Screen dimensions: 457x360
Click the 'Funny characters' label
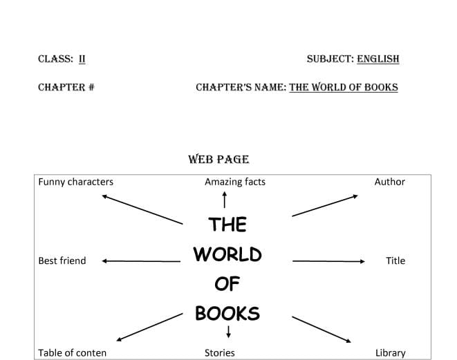[x=76, y=182]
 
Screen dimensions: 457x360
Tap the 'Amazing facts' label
[x=235, y=182]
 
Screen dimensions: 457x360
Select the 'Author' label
[x=390, y=182]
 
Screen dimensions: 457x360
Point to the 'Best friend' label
[x=62, y=260]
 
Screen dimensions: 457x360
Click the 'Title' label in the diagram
[x=395, y=260]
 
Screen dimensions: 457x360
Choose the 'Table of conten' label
[x=73, y=352]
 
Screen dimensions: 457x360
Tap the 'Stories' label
[x=219, y=352]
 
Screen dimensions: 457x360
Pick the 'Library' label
[x=390, y=353]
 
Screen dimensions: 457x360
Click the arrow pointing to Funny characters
[x=142, y=209]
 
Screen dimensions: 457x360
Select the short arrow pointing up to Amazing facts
[x=225, y=200]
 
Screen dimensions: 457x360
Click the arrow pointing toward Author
[x=325, y=206]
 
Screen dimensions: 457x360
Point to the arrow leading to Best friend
[x=141, y=261]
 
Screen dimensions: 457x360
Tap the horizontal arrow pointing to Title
[x=329, y=261]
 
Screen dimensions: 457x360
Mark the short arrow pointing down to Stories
[x=228, y=332]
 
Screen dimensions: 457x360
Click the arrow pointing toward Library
[x=321, y=330]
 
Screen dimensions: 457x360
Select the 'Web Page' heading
[x=218, y=160]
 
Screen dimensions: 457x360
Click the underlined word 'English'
[x=378, y=59]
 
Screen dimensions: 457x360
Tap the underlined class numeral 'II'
[x=82, y=59]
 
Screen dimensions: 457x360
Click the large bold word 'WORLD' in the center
[x=227, y=254]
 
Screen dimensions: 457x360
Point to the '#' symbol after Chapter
[x=91, y=87]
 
